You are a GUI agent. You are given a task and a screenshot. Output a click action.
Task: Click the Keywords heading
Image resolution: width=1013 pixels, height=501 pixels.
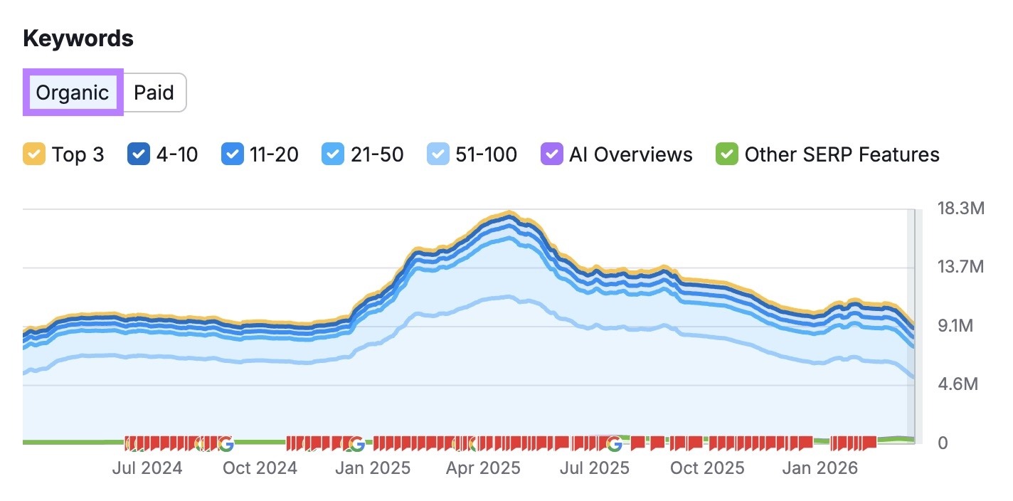(78, 38)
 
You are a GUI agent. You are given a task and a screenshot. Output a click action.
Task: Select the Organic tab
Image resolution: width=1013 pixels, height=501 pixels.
(73, 93)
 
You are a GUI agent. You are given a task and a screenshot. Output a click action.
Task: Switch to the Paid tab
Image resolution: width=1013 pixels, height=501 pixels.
(154, 93)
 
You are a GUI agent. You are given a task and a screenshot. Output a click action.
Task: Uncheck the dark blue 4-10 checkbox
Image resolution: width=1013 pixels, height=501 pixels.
(138, 154)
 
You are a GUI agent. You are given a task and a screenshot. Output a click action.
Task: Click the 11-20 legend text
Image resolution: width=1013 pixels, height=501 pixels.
(274, 154)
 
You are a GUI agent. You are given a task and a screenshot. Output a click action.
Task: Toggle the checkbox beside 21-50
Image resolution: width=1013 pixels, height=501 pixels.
(332, 154)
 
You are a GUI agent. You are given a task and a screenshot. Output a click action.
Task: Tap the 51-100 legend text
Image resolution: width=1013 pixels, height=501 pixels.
(486, 154)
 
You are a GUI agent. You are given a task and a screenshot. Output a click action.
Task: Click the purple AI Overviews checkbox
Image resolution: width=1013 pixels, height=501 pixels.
(551, 154)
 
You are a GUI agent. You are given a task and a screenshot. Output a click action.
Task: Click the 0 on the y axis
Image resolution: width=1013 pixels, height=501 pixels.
(943, 443)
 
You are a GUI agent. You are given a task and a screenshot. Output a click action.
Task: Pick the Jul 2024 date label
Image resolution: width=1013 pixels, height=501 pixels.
(147, 468)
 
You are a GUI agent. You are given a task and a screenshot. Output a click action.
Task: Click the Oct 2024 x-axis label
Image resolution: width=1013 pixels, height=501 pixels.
(260, 468)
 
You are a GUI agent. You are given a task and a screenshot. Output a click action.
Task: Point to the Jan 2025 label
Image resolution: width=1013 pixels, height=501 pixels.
(373, 468)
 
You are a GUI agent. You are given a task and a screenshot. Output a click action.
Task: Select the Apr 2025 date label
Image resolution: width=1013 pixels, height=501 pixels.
(484, 468)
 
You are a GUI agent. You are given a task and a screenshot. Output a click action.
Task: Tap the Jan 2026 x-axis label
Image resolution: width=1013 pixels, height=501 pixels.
(820, 468)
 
